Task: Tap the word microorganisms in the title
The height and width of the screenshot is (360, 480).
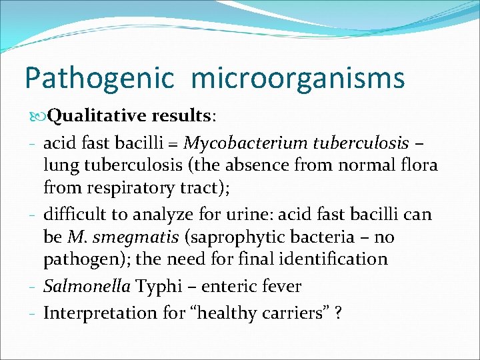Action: [x=297, y=78]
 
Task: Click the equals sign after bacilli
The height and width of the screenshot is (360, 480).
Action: [x=175, y=143]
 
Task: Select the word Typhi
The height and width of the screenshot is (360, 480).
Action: [x=158, y=287]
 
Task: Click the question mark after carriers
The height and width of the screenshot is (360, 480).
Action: [x=340, y=313]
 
